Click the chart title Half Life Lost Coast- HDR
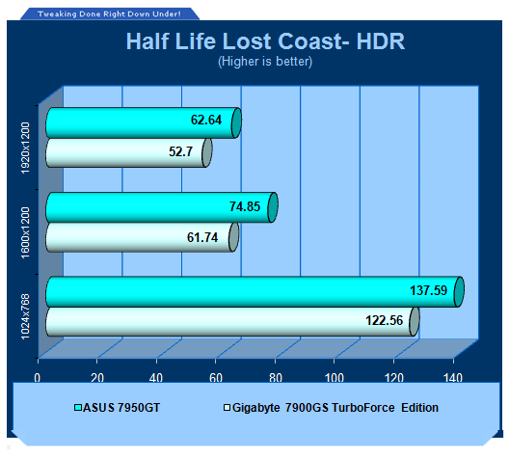265,41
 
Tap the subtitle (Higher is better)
265,62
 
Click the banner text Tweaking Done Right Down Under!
109,13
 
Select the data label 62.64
206,121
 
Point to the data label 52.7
180,151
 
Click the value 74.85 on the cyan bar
245,206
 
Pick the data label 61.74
202,237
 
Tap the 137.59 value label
428,290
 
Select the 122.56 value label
384,321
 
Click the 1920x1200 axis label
25,148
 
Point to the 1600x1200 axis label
25,232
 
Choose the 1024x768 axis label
25,316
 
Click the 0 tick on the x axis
38,378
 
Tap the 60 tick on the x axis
216,378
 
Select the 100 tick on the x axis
335,378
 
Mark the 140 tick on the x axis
453,378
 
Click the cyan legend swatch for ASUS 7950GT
78,407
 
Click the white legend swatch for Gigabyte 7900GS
228,407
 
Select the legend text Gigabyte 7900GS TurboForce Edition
335,408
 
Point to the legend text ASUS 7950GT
121,408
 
